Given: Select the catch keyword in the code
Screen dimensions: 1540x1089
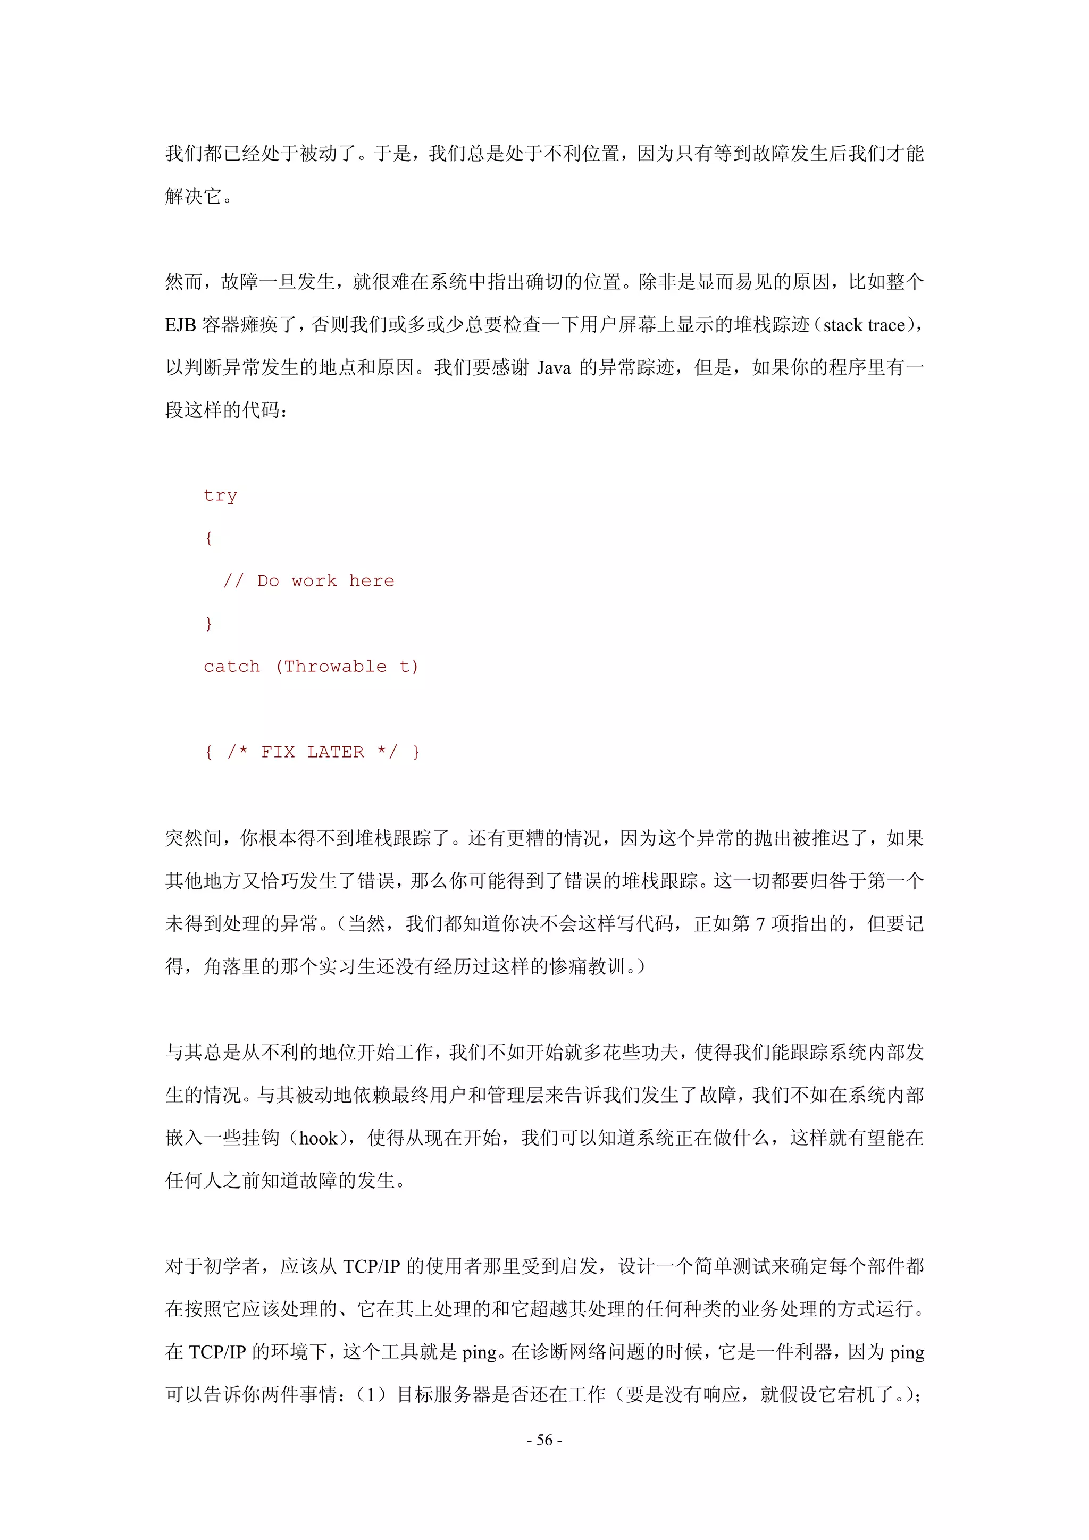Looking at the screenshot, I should (231, 667).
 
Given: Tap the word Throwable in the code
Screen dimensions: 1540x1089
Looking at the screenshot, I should (336, 667).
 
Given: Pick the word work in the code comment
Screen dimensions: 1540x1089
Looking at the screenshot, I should (314, 581).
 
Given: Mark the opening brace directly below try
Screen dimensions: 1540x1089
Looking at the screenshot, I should (208, 538).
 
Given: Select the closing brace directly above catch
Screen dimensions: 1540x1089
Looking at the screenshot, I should (208, 624).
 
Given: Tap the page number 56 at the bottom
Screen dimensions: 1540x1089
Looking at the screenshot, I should (544, 1440).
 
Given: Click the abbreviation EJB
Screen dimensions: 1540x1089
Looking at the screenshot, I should (180, 325).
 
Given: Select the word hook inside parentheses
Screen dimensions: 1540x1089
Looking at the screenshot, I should (319, 1138).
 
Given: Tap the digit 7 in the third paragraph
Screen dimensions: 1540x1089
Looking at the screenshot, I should (760, 924).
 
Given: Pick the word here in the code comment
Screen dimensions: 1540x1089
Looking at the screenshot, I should (372, 581).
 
